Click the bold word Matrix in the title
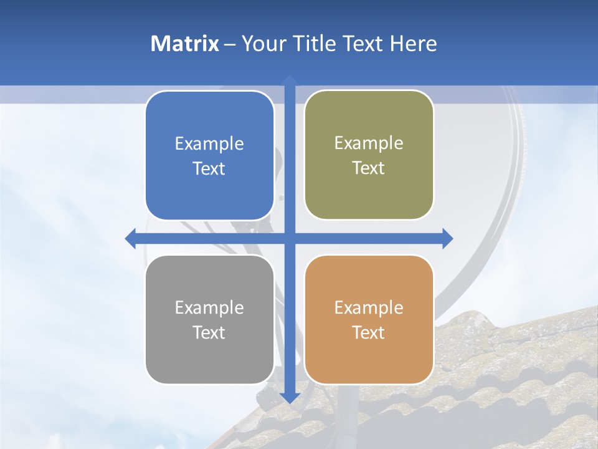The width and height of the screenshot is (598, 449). click(185, 44)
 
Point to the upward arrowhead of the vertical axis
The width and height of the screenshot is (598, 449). click(290, 80)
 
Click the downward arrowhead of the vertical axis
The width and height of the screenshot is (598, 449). click(290, 397)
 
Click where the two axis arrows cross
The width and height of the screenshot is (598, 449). click(290, 238)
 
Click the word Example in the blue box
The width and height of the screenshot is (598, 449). click(209, 143)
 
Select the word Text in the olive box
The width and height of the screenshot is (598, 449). click(369, 168)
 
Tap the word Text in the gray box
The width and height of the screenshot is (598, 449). click(209, 332)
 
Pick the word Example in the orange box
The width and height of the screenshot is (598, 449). click(369, 307)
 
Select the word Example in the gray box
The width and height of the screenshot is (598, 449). click(209, 307)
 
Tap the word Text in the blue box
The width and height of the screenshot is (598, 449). click(209, 168)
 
